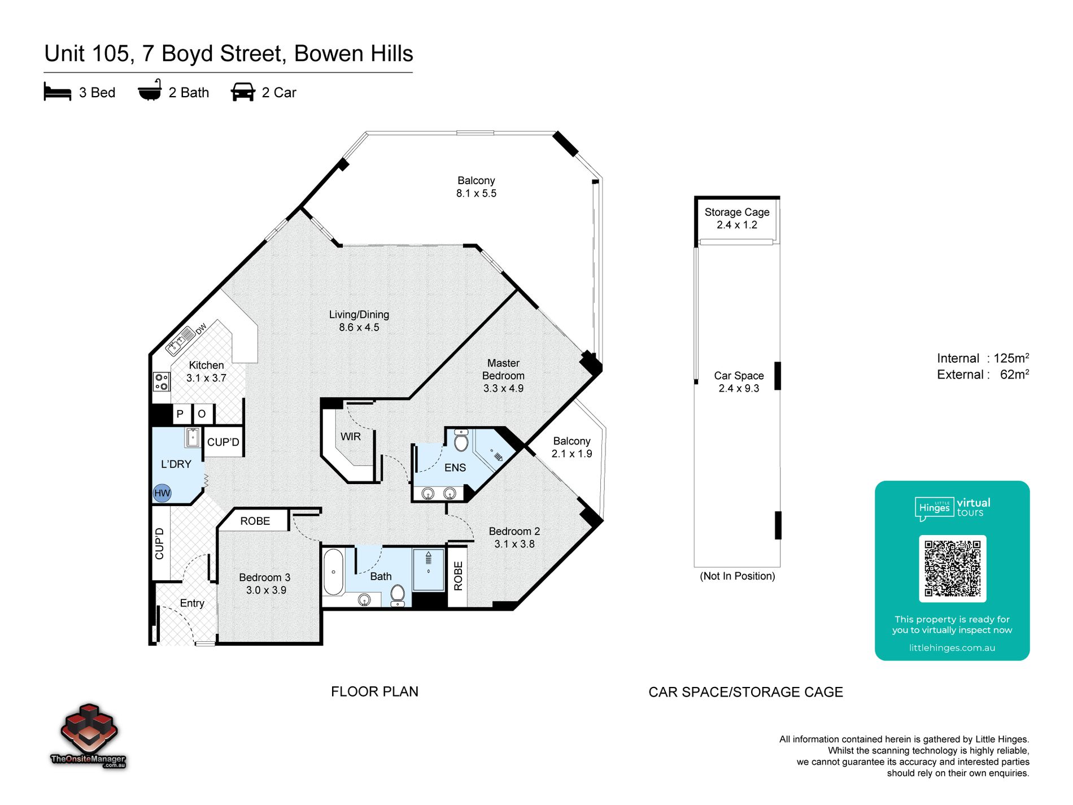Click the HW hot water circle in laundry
coord(162,493)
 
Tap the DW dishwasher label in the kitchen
coord(202,329)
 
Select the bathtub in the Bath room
coord(334,572)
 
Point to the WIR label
coord(350,437)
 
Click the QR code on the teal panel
coord(952,568)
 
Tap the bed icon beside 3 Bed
coord(58,92)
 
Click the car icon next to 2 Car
coord(243,92)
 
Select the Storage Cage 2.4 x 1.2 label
coord(737,219)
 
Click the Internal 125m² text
coord(983,358)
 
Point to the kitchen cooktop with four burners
coord(162,381)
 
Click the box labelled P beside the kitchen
coord(180,414)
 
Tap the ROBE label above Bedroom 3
coord(255,521)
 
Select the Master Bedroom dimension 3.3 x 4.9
coord(503,389)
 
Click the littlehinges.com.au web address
coord(952,648)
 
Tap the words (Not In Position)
coord(737,576)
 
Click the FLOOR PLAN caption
coord(374,692)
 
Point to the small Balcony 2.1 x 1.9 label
coord(572,447)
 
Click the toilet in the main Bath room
coord(398,594)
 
